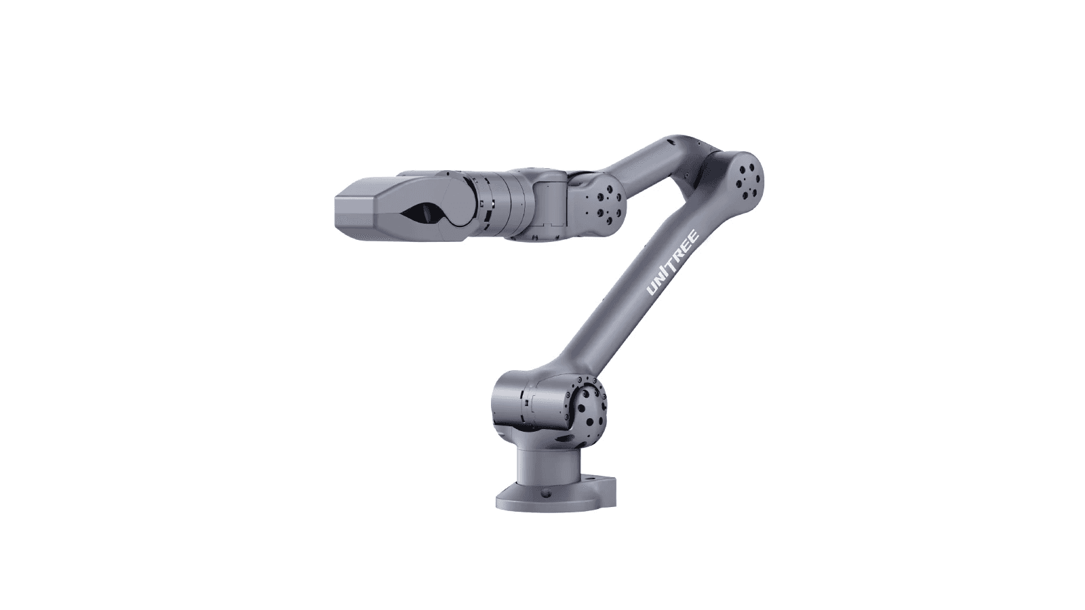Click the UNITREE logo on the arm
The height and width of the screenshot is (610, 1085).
coord(673,264)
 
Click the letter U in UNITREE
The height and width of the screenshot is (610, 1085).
coord(652,290)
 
